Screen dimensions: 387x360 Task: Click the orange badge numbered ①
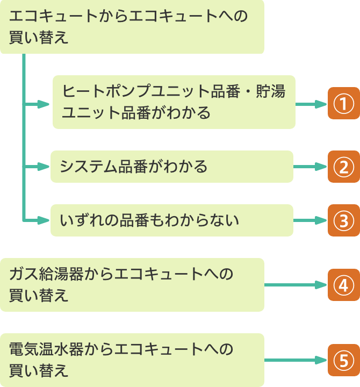pos(343,103)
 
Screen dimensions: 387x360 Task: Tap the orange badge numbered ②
pos(343,167)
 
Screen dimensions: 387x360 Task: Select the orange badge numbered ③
pos(343,220)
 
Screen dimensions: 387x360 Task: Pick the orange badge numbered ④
pos(343,285)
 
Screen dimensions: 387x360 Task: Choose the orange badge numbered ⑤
pos(343,360)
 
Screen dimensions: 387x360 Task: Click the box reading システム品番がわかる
pos(172,167)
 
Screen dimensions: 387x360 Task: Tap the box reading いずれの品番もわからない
pos(172,220)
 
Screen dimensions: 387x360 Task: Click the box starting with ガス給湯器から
pos(132,285)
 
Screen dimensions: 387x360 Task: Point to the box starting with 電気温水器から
pos(132,360)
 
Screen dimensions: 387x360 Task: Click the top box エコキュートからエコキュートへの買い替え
pos(132,27)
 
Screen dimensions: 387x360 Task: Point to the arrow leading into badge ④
pos(296,285)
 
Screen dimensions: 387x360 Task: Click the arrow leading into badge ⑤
pos(296,360)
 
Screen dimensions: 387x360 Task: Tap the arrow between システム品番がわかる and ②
pos(310,167)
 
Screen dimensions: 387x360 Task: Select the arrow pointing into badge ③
pos(310,220)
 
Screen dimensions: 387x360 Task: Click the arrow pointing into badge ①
pos(311,103)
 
